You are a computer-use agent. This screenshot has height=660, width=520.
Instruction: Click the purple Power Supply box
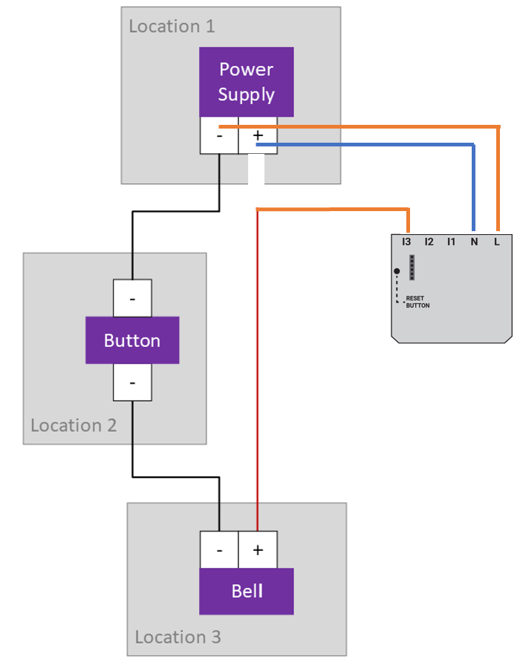[x=247, y=82]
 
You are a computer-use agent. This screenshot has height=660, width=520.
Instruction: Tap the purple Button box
[x=132, y=340]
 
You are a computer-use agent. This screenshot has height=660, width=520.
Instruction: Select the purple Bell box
[x=247, y=592]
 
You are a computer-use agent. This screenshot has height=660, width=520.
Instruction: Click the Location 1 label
[x=172, y=27]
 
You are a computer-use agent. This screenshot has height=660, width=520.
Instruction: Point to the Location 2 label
[x=74, y=426]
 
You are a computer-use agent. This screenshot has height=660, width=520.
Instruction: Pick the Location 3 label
[x=178, y=637]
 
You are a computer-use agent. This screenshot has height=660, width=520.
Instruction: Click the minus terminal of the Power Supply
[x=219, y=136]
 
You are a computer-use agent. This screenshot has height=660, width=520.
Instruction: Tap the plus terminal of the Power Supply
[x=258, y=136]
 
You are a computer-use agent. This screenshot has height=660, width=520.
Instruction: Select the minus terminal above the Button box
[x=132, y=298]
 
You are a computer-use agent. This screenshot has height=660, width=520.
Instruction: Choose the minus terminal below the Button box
[x=132, y=383]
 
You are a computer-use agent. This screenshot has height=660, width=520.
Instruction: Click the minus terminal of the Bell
[x=219, y=550]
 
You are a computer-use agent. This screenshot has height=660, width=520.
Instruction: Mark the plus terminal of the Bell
[x=258, y=550]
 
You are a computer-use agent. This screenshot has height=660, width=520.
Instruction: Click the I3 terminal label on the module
[x=406, y=242]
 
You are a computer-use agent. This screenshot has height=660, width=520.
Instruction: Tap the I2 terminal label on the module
[x=429, y=242]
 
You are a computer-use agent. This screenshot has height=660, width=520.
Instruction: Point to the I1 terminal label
[x=451, y=242]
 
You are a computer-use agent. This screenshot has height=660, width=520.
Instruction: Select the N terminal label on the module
[x=473, y=242]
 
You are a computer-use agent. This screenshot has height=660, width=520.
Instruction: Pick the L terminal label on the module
[x=496, y=242]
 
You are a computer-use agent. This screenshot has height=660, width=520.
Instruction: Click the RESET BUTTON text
[x=417, y=302]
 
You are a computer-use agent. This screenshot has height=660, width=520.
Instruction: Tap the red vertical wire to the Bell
[x=257, y=372]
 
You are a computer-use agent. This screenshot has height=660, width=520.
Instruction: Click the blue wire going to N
[x=371, y=144]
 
